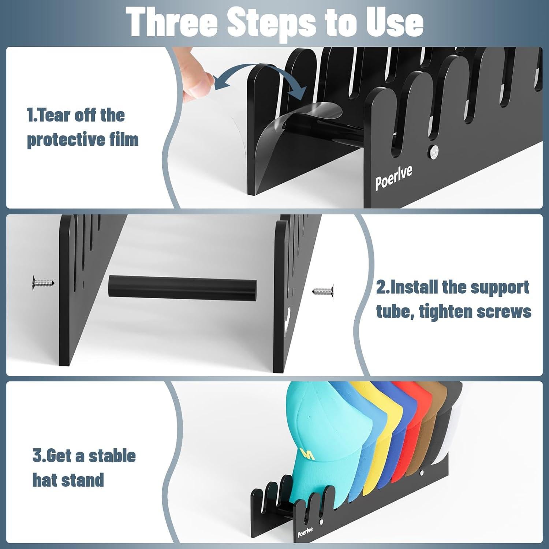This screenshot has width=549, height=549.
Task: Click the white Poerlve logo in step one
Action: [x=393, y=178]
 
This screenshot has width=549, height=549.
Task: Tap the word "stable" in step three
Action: [x=112, y=456]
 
